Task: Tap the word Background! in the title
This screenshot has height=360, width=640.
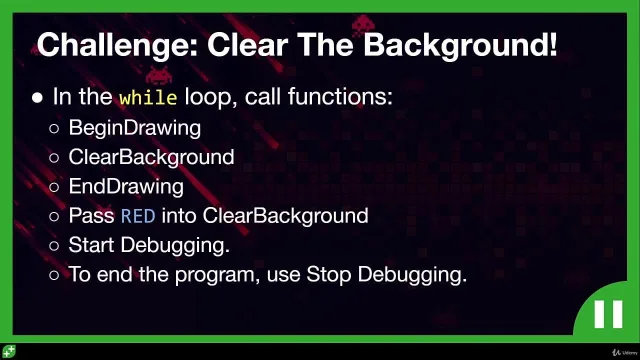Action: tap(460, 46)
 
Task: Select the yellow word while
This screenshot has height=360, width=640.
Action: tap(148, 98)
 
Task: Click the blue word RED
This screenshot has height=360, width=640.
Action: tap(138, 216)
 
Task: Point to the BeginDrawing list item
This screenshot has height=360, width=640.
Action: tap(135, 128)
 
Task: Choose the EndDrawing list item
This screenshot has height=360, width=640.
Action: tap(126, 187)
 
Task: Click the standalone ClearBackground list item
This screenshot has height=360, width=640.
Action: tap(151, 157)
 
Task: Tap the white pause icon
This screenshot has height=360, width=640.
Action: tap(608, 314)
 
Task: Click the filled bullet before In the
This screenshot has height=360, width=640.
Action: tap(38, 98)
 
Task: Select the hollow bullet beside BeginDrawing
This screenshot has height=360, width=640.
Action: tap(54, 129)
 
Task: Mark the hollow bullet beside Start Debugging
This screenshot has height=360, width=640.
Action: tap(54, 246)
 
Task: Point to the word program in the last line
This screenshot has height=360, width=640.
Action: tap(217, 275)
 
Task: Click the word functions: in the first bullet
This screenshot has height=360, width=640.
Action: tap(340, 97)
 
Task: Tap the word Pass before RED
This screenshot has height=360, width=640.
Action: tap(91, 216)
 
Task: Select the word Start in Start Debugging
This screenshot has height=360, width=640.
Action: tap(91, 245)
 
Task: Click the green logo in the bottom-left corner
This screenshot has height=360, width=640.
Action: tap(9, 351)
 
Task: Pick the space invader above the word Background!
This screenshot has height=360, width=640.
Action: tap(363, 24)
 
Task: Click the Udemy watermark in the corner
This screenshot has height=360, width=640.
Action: tap(625, 352)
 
